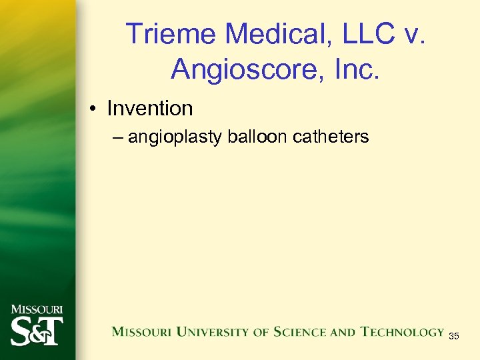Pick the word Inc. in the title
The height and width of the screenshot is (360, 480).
[351, 69]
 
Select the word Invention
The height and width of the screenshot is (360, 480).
[149, 108]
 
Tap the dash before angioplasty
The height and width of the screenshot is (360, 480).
[118, 137]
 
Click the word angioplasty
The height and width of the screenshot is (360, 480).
[175, 138]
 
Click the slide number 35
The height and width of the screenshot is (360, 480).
[453, 336]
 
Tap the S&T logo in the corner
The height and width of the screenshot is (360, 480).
[37, 329]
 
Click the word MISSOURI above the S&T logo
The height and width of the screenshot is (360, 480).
[37, 309]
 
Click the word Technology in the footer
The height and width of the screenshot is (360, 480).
[403, 332]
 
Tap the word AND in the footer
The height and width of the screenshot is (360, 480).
[345, 332]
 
